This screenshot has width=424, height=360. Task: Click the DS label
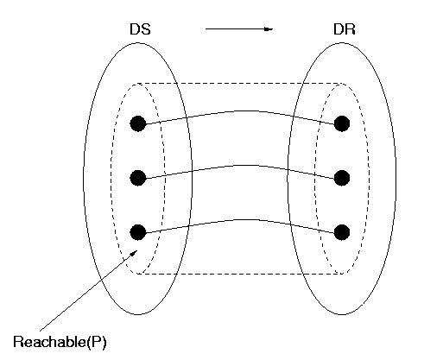(x=140, y=29)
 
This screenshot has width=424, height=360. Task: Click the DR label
(x=345, y=29)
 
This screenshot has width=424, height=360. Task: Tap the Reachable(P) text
(x=60, y=342)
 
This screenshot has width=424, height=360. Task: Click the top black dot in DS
(x=138, y=123)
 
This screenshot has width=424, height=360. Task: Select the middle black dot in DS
(x=138, y=178)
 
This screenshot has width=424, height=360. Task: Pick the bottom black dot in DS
(x=138, y=232)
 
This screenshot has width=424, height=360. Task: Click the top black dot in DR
(x=342, y=123)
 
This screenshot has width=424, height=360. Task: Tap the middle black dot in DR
(x=342, y=178)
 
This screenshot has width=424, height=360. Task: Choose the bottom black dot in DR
(x=342, y=232)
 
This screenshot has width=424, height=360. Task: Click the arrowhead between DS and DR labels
(x=269, y=28)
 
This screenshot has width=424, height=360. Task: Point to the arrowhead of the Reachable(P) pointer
(x=134, y=253)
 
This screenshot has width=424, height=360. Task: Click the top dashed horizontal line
(x=240, y=84)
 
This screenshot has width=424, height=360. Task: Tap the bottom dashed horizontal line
(x=240, y=274)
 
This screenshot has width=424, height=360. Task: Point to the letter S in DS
(x=146, y=29)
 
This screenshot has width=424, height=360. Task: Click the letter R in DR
(x=351, y=29)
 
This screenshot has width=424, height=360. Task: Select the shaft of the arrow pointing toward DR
(x=235, y=28)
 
